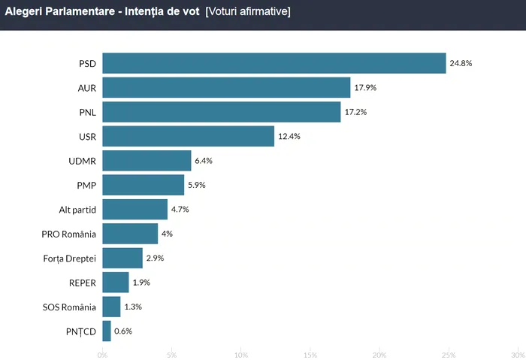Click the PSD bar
click(274, 63)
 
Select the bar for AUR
click(226, 88)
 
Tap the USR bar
click(188, 136)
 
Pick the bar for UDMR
click(147, 161)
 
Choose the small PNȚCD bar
click(107, 331)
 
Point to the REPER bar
click(116, 283)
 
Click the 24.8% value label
click(461, 63)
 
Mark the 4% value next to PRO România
click(167, 234)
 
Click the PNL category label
click(87, 112)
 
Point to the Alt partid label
click(77, 209)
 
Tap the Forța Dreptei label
click(70, 258)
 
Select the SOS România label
click(70, 307)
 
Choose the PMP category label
click(86, 185)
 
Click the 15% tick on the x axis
click(310, 354)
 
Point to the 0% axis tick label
click(102, 354)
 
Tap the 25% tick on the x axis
click(449, 354)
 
